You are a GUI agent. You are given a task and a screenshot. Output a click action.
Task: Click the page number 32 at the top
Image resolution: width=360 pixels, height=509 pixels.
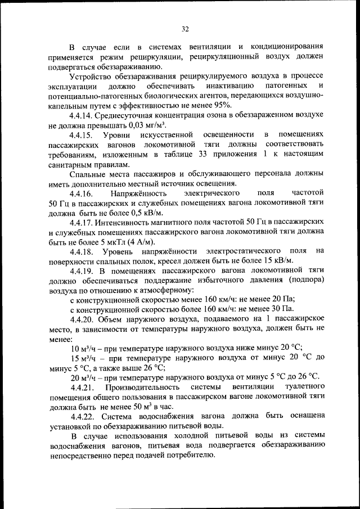pyautogui.click(x=185, y=29)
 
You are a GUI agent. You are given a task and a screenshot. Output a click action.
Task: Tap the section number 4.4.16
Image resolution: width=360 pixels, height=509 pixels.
pyautogui.click(x=83, y=193)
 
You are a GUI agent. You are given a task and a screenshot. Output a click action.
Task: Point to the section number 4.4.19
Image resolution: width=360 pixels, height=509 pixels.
pyautogui.click(x=83, y=271)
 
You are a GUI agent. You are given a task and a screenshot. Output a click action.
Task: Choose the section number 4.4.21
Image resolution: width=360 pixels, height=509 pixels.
pyautogui.click(x=83, y=387)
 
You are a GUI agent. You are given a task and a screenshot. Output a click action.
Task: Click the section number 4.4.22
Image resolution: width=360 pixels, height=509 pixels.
pyautogui.click(x=83, y=416)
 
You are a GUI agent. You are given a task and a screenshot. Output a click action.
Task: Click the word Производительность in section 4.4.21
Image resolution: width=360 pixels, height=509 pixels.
pyautogui.click(x=142, y=387)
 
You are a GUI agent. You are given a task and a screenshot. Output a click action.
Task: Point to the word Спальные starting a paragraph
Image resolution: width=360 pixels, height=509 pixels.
pyautogui.click(x=88, y=174)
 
